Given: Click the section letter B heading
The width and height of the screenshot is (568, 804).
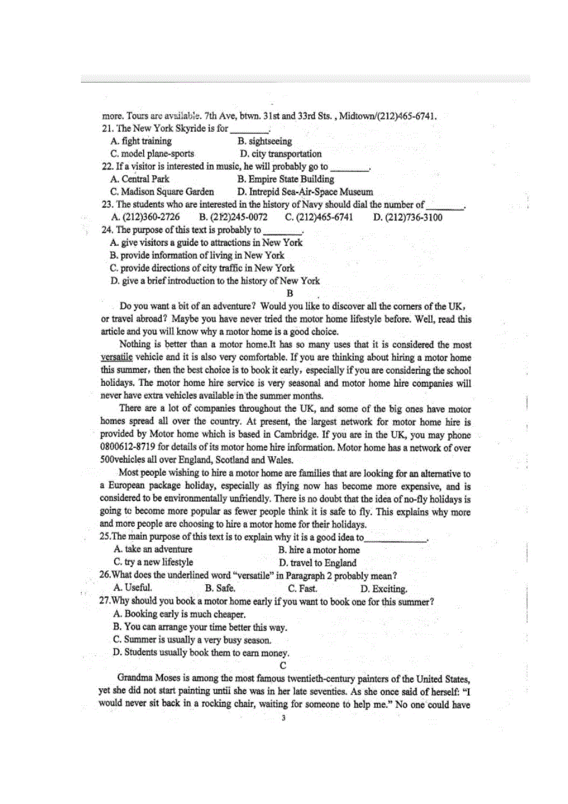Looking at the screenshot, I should tap(290, 294).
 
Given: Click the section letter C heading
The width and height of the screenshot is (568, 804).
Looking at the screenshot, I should tap(283, 665).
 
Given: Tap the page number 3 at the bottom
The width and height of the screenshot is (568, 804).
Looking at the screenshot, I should tap(283, 718).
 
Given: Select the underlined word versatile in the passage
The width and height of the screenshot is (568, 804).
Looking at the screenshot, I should tap(117, 357).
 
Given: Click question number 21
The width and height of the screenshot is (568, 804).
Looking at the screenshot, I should tap(106, 128).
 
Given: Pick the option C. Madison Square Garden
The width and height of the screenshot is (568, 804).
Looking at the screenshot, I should tap(162, 192).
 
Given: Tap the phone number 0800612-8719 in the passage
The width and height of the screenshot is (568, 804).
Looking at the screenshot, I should tap(131, 447).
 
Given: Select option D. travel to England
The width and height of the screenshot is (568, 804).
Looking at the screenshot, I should tap(317, 563).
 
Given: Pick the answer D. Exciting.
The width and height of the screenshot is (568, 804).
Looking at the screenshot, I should tap(383, 588).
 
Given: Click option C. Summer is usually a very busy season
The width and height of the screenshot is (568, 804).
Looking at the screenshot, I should tap(192, 640).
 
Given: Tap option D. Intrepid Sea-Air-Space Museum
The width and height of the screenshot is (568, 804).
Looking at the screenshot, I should tap(305, 192).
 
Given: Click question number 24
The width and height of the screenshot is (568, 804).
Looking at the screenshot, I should tap(106, 230).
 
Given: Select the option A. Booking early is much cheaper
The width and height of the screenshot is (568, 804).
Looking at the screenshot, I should tap(179, 614).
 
